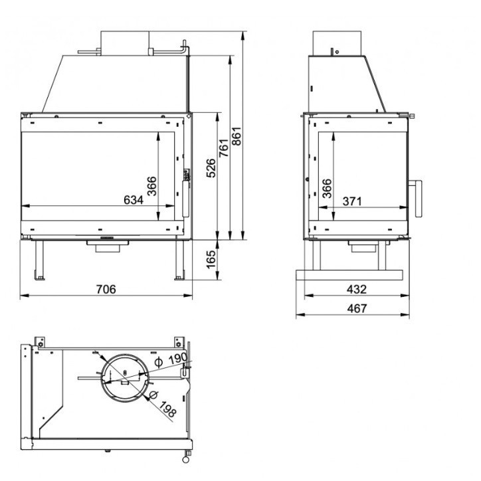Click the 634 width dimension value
pyautogui.click(x=134, y=199)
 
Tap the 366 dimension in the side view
pyautogui.click(x=326, y=189)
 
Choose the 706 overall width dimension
pyautogui.click(x=106, y=289)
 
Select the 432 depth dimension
pyautogui.click(x=357, y=289)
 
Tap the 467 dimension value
pyautogui.click(x=357, y=308)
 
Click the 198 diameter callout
pyautogui.click(x=168, y=411)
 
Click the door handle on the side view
pyautogui.click(x=417, y=198)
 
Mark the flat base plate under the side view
pyautogui.click(x=349, y=274)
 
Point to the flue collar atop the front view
pyautogui.click(x=124, y=41)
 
